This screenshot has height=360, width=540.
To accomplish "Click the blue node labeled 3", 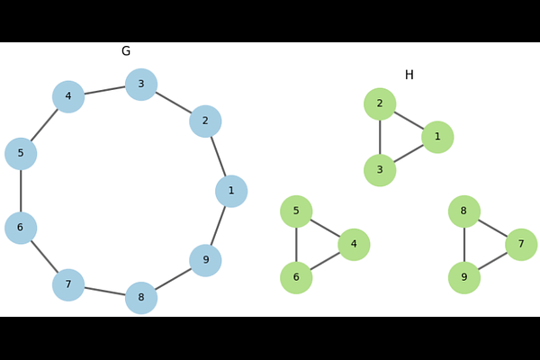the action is pos(141,85).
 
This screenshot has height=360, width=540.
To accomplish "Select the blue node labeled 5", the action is pos(21,154).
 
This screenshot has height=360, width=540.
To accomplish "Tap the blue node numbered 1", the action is pos(231,191).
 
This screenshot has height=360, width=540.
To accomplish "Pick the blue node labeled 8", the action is pos(141,298).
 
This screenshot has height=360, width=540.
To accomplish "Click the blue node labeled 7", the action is pos(68,285).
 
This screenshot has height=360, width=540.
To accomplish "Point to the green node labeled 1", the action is pos(437,137).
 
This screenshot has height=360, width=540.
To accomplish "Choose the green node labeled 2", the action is pos(380,103).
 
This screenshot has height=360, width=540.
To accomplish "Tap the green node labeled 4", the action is pos(354,245).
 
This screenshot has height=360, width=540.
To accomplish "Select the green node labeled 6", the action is pos(296,278).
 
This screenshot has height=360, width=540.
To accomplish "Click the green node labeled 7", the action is pos(521,245).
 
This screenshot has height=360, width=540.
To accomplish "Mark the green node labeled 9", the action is pos(464,278).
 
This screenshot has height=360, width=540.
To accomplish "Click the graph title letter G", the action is pos(126,51).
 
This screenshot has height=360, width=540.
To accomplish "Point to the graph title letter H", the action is pos(409,75).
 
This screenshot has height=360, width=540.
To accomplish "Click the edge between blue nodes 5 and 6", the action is pos(21,191).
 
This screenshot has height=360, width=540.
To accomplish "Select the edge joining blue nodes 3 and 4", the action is pos(104,91).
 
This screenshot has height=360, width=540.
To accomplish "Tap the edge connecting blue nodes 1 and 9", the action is pos(219,226).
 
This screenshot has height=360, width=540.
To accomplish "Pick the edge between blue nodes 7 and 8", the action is pos(104,292).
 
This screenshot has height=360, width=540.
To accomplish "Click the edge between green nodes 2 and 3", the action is pos(380,137).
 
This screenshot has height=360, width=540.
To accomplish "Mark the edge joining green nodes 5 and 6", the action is pos(296,245).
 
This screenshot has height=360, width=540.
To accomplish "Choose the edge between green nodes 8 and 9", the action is pos(464,245).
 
